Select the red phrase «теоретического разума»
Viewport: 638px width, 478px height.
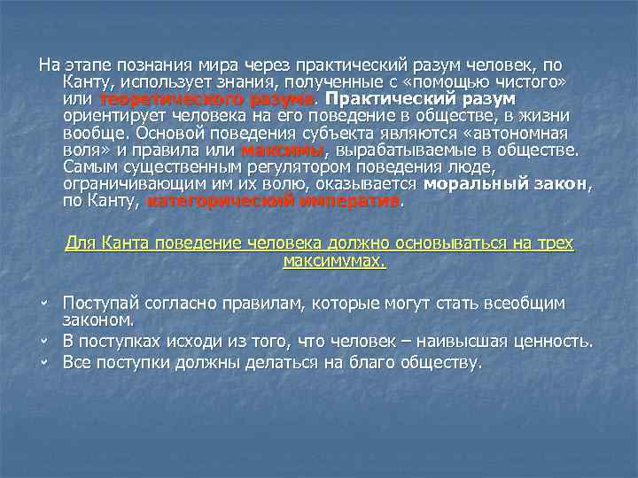[x=207, y=98]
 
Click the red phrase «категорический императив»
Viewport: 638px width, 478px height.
[x=273, y=200]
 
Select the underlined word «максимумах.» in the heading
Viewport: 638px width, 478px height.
[x=334, y=261]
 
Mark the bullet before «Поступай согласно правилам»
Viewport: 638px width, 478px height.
[x=43, y=303]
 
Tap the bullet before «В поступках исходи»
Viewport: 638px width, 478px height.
[x=43, y=341]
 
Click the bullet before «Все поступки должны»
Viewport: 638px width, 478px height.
[x=43, y=362]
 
